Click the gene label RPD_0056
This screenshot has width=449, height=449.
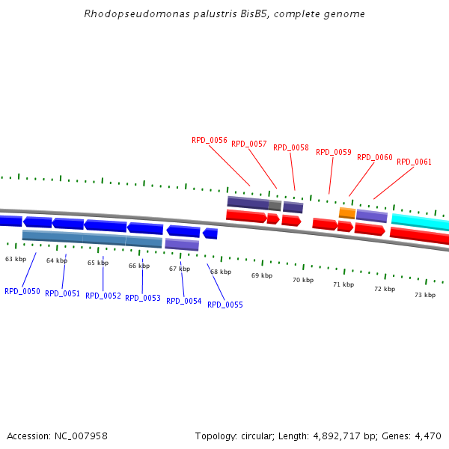coord(210,140)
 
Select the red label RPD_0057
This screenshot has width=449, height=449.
coord(249,144)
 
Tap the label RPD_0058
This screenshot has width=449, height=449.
coord(291,147)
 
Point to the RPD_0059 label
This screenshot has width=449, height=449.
coord(334,152)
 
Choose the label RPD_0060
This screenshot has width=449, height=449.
coord(375,157)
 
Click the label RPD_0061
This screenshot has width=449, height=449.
coord(414,162)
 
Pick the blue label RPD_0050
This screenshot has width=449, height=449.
coord(22,291)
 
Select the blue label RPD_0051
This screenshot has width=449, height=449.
coord(62,293)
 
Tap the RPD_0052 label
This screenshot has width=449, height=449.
coord(103,296)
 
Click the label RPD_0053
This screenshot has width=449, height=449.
coord(143,298)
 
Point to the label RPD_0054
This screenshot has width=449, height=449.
coord(184,301)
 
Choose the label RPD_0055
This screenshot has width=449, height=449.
coord(225,305)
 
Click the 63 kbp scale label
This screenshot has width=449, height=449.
coord(16,259)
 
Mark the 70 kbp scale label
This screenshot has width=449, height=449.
coord(303,280)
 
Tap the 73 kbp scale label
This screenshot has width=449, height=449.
coord(425,295)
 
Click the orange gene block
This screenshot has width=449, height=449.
coord(347,213)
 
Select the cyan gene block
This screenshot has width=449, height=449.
coord(420,222)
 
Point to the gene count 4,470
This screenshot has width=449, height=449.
coord(427,436)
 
